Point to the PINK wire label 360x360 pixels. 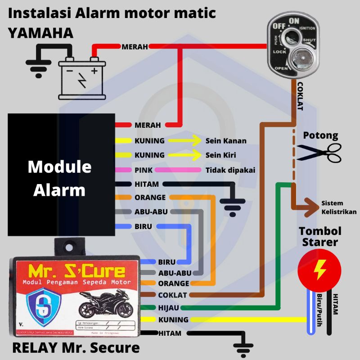(x=144, y=170)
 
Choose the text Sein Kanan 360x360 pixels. (x=226, y=141)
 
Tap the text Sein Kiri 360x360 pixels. (x=221, y=155)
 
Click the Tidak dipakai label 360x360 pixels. (x=230, y=170)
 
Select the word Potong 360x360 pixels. (x=320, y=135)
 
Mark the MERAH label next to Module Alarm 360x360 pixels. (x=147, y=125)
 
